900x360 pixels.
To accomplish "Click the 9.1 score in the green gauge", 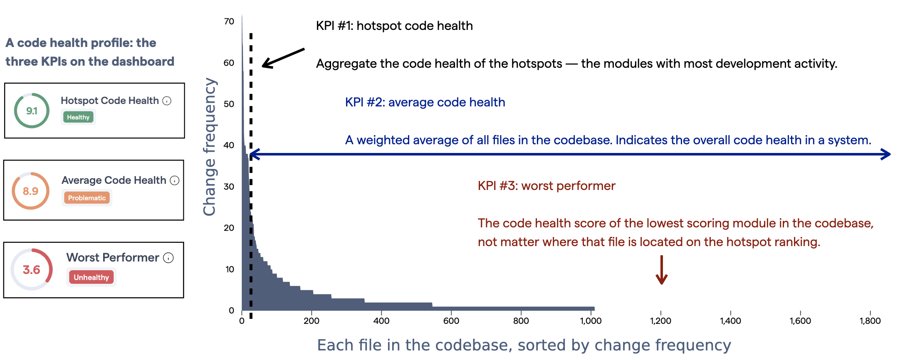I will (x=32, y=111).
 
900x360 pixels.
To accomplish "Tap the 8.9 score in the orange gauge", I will (x=30, y=191).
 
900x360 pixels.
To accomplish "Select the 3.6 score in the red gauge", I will (x=32, y=270).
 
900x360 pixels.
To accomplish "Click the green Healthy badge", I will (x=78, y=117).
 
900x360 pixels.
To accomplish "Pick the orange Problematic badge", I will (x=87, y=198).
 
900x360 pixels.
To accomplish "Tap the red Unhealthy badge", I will (x=91, y=277).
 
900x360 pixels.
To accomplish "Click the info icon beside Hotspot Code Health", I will (x=167, y=101).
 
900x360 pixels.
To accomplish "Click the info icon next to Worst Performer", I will (x=168, y=258).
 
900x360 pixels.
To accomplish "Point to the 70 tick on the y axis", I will (x=229, y=22).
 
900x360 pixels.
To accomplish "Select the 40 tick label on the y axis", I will (x=229, y=145).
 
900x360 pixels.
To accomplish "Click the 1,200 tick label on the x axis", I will (x=660, y=321).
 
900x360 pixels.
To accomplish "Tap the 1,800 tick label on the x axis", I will (x=870, y=321).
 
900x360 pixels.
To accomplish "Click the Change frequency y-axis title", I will (x=210, y=146).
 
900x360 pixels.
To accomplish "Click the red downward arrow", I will (x=661, y=271).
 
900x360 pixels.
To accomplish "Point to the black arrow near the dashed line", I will (x=283, y=58).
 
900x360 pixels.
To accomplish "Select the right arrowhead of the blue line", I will (x=886, y=154).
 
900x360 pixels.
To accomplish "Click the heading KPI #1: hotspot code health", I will (x=394, y=26).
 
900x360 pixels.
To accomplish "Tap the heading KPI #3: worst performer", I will (x=546, y=186).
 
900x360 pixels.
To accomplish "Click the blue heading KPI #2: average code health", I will (x=425, y=102).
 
